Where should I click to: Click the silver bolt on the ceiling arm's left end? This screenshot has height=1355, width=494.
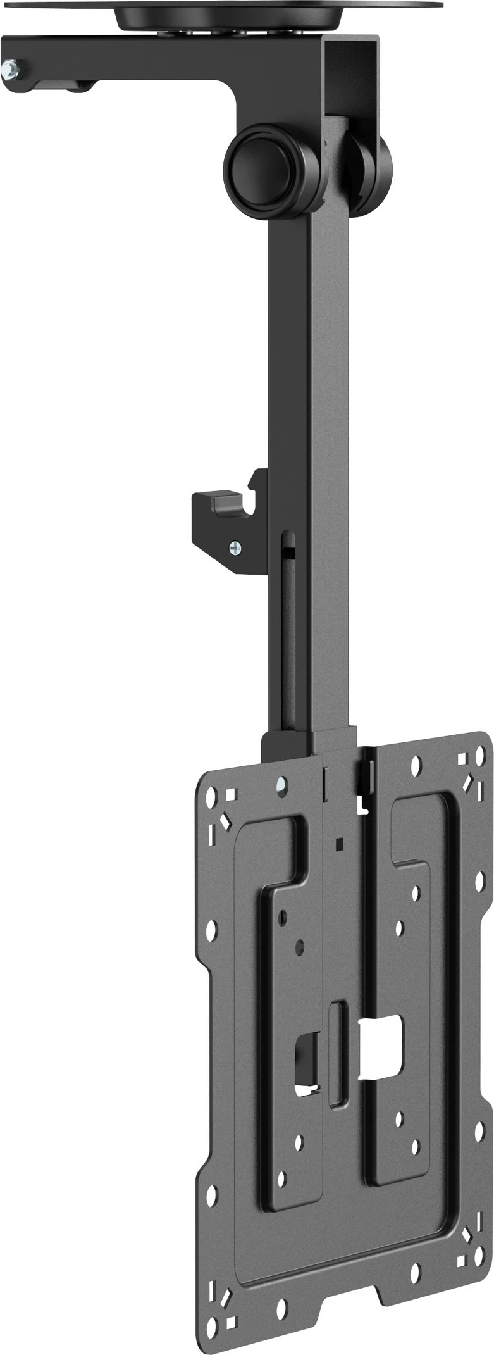click(x=11, y=68)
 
